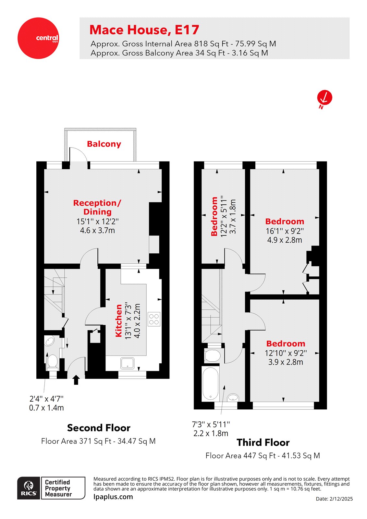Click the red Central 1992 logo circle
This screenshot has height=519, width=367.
click(38, 38)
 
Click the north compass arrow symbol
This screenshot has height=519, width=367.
click(324, 98)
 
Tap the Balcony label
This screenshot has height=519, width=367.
click(104, 144)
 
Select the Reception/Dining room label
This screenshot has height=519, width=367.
click(97, 207)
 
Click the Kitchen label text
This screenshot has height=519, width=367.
click(119, 320)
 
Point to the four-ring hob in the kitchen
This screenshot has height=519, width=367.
click(154, 319)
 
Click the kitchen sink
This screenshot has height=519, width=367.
click(128, 363)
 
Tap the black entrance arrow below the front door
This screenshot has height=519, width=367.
click(76, 380)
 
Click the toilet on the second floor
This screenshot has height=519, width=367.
click(52, 362)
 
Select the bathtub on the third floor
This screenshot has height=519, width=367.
click(210, 384)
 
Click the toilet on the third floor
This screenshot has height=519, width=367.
click(213, 356)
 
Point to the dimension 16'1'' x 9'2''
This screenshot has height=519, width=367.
click(285, 231)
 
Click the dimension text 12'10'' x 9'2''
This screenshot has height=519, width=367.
click(286, 353)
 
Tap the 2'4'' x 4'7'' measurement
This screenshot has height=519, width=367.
click(46, 399)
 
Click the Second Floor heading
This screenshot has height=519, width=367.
click(99, 428)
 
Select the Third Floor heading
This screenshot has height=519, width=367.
click(263, 442)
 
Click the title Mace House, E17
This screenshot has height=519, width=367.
click(144, 30)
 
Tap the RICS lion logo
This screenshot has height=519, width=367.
click(29, 488)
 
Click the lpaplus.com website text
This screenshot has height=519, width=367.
click(113, 497)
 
